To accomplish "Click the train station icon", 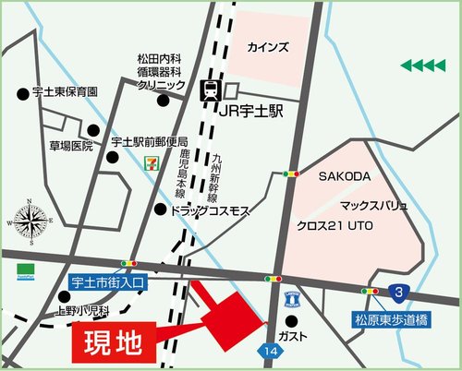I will (210, 90).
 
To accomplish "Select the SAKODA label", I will (344, 175).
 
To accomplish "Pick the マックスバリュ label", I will (374, 202).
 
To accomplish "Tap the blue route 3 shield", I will (398, 292).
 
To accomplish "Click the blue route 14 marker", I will (269, 352).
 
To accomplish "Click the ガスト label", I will (317, 336).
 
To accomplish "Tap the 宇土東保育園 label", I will (64, 92).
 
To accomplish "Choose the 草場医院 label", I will (71, 146).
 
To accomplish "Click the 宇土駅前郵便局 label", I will (149, 142).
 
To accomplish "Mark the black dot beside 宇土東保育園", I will (22, 93).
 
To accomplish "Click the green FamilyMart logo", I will (24, 273).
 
